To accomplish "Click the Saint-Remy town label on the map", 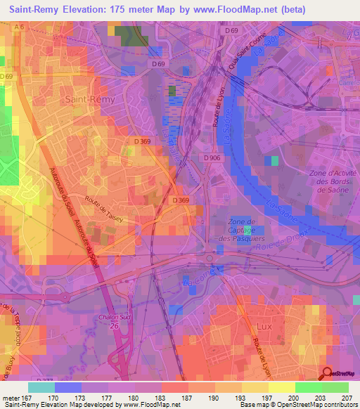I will pos(86,100).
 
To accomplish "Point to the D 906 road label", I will pos(214,157).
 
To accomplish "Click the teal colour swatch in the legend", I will pos(41,387).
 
